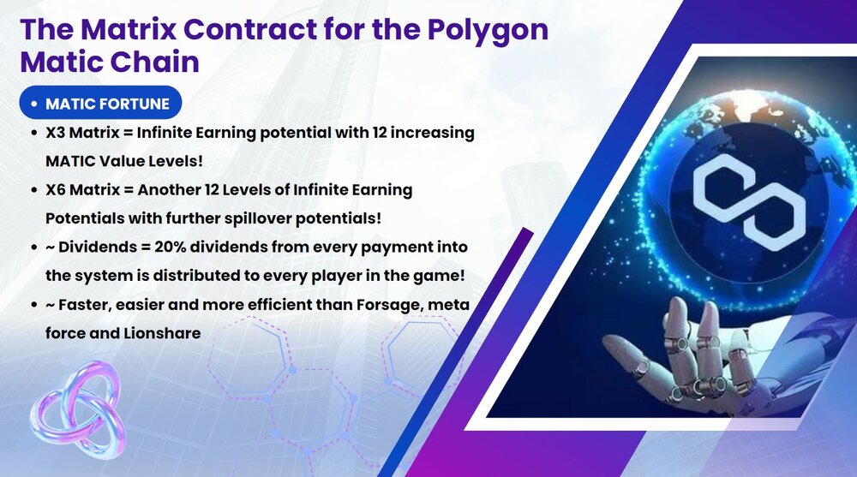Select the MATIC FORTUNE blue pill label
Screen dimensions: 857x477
[100, 103]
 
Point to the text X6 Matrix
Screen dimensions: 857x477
[82, 189]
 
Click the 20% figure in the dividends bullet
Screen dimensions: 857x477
[171, 247]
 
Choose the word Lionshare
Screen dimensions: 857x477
[162, 333]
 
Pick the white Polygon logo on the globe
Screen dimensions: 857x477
[749, 201]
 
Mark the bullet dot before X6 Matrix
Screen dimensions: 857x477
[34, 190]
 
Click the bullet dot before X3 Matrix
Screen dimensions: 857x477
[34, 134]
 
